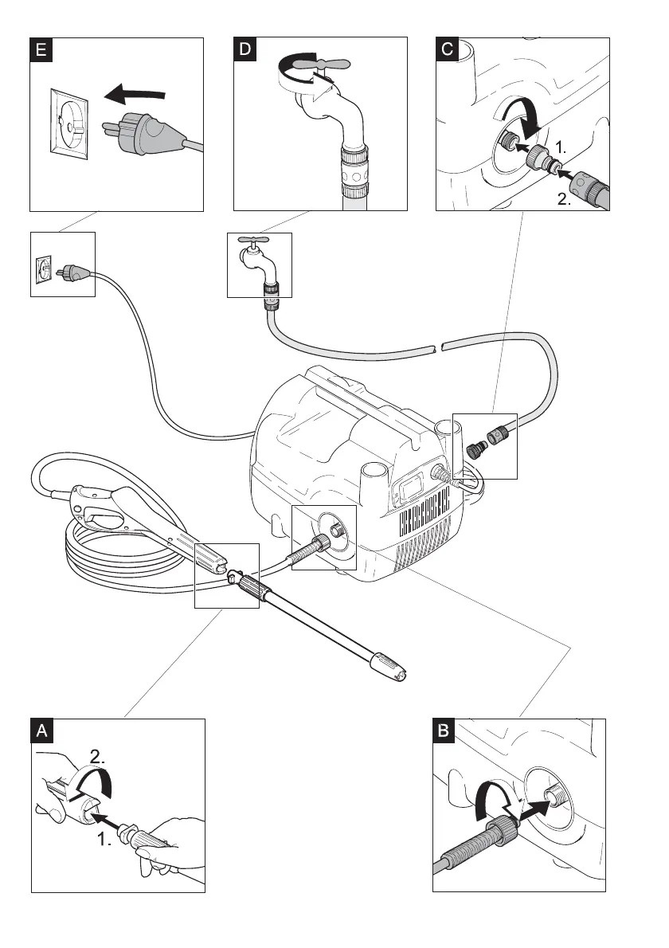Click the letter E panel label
pos(41,50)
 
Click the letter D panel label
pos(245,50)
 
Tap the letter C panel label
pos(448,50)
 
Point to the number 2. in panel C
pos(563,202)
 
